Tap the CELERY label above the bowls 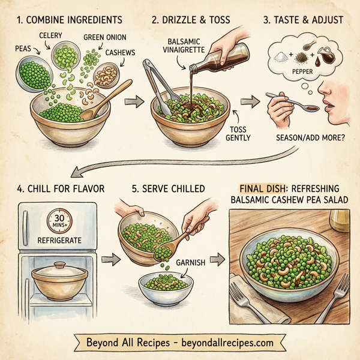click(x=51, y=36)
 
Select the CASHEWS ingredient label click(x=120, y=52)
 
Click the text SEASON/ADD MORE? click(x=311, y=137)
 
